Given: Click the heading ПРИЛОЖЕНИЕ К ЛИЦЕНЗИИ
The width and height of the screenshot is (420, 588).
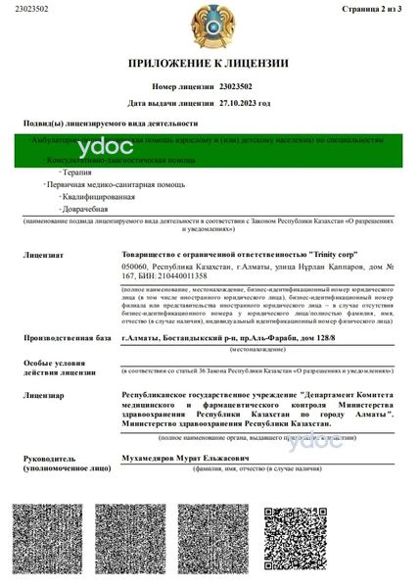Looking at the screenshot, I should tap(209, 64).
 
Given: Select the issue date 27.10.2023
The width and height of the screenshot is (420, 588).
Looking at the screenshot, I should tap(239, 102).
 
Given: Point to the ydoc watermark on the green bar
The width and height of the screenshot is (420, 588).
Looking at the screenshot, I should tap(96, 148).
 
